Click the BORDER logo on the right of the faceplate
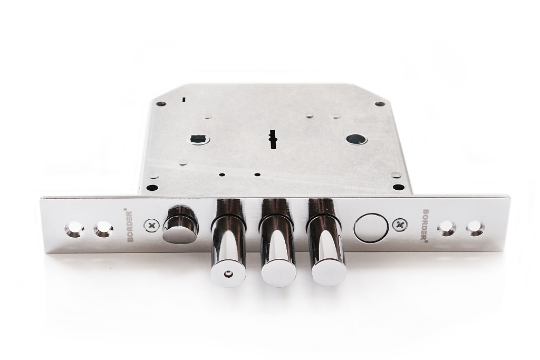426,226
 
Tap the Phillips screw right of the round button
400,226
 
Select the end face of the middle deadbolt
278,276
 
